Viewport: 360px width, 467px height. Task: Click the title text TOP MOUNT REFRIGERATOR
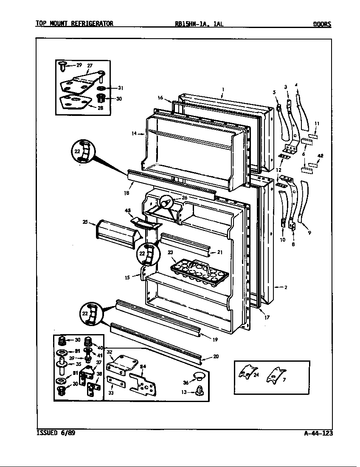[74, 24]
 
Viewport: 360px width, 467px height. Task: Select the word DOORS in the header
[322, 24]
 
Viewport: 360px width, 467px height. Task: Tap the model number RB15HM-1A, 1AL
[199, 24]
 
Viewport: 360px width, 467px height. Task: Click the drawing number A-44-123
[318, 433]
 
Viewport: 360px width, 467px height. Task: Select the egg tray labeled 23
[199, 270]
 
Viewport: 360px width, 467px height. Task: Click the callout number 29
[79, 65]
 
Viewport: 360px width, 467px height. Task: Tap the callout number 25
[85, 222]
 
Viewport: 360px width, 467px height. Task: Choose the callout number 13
[183, 392]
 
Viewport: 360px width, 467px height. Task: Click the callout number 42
[321, 156]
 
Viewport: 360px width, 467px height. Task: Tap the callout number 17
[267, 317]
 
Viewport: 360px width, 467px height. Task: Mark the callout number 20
[216, 357]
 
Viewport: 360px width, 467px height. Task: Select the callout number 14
[134, 133]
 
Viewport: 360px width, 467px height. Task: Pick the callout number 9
[309, 232]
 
